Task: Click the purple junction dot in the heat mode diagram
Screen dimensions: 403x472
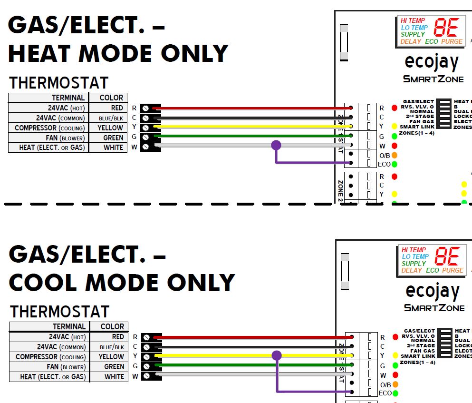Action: click(x=276, y=145)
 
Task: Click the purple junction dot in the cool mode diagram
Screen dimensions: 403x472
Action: click(x=277, y=355)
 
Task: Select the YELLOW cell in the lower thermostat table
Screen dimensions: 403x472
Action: click(x=111, y=357)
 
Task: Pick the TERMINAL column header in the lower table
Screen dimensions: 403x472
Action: click(x=69, y=327)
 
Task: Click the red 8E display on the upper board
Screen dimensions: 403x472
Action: click(x=446, y=29)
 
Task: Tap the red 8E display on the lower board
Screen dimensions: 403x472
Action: click(x=447, y=257)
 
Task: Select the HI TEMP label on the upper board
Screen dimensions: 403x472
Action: click(x=413, y=20)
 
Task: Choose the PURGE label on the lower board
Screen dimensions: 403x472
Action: click(x=452, y=270)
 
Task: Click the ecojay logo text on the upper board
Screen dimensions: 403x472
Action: click(x=432, y=62)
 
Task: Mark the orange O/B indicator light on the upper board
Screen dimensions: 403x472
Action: click(x=395, y=155)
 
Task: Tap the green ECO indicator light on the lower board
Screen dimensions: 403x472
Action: click(x=395, y=393)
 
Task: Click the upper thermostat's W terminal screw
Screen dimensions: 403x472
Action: click(x=145, y=147)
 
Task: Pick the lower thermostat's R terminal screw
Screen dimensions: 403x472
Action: click(x=146, y=337)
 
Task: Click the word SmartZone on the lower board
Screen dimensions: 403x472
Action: click(x=434, y=308)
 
